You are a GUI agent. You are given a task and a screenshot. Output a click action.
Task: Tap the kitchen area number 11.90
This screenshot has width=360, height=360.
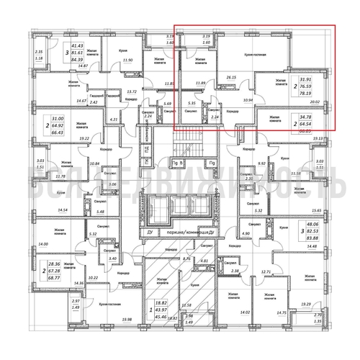pyautogui.click(x=129, y=60)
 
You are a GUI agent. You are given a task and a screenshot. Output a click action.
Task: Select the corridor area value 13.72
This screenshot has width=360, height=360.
pyautogui.click(x=131, y=93)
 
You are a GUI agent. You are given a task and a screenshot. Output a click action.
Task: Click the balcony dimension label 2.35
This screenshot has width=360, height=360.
pyautogui.click(x=39, y=52)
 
